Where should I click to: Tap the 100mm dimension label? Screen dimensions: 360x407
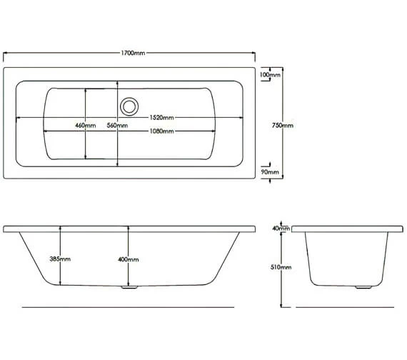coord(269,74)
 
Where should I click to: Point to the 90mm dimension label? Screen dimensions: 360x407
coord(269,172)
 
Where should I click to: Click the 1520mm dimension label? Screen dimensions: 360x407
coord(161,116)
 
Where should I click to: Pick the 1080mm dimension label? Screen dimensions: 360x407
coord(161,131)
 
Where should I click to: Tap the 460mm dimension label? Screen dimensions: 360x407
coord(86,125)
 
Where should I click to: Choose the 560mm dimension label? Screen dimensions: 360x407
coord(117,125)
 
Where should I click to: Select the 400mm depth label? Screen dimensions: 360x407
coord(129,259)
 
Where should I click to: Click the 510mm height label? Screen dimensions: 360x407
coord(283,266)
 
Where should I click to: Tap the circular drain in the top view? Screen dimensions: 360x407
coord(129,106)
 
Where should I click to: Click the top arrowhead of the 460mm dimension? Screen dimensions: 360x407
coord(86,91)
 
